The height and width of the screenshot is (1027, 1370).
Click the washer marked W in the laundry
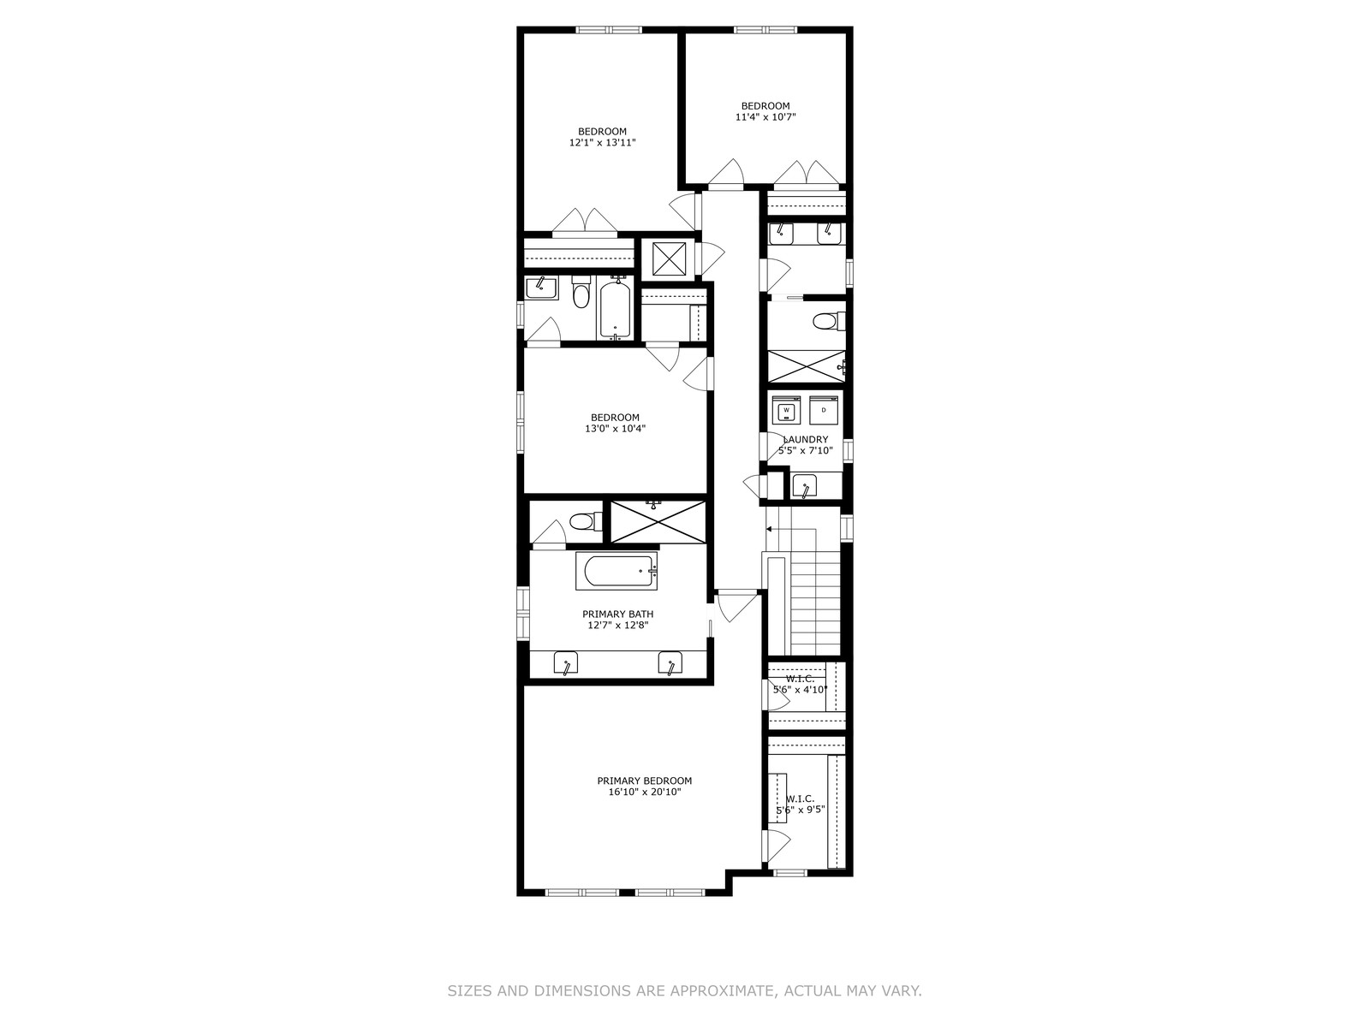[786, 410]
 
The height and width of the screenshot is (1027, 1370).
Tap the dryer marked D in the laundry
[824, 410]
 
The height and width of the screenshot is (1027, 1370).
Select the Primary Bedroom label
[644, 781]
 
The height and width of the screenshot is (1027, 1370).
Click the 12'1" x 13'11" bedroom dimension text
[602, 143]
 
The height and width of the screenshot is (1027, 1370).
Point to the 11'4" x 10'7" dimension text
[765, 117]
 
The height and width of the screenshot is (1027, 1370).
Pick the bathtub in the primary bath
[616, 571]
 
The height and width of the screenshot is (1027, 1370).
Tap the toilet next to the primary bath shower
[587, 520]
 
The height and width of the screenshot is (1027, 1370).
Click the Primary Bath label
[618, 614]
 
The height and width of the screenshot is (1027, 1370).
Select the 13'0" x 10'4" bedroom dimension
[615, 429]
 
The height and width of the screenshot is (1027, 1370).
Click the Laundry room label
[805, 440]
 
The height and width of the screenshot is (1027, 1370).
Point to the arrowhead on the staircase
[769, 530]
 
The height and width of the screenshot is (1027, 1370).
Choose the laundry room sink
[805, 486]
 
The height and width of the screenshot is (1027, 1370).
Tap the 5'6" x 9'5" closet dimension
[800, 810]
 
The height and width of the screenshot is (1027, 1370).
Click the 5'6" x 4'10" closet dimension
[800, 690]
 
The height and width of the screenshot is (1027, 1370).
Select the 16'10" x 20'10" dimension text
[644, 793]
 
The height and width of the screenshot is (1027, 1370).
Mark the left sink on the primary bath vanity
[565, 662]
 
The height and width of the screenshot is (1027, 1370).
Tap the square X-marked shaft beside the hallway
[669, 258]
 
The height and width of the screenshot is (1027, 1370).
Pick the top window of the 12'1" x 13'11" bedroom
[609, 29]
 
